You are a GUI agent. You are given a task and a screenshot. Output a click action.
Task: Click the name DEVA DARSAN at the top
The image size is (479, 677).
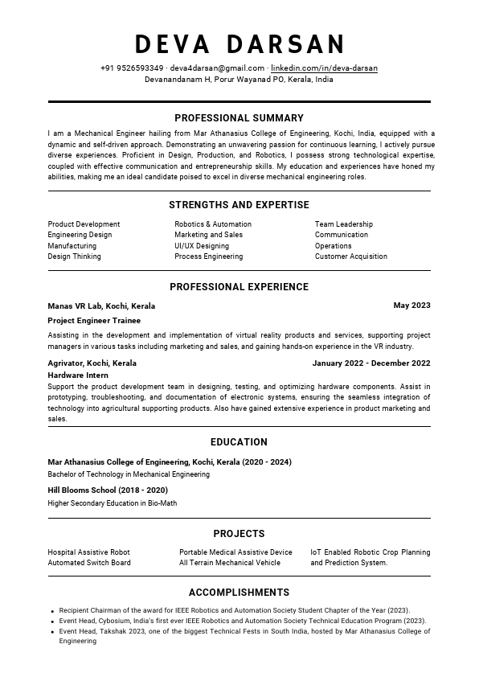coord(239,43)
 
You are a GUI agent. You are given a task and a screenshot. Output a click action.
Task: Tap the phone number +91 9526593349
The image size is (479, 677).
coord(132,68)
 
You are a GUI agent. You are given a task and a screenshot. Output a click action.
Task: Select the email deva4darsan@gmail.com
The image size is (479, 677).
coord(217,68)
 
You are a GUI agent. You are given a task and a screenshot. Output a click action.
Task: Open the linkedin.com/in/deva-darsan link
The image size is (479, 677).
coord(324,68)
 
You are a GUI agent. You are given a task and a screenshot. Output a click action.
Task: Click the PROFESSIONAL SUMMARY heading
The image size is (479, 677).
coord(239,118)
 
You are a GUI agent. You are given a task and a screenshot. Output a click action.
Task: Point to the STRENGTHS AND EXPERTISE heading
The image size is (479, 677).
coord(239,205)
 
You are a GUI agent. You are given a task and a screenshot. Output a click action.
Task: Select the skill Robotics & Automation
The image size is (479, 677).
coord(213,224)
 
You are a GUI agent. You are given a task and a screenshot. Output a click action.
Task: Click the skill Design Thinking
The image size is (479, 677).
coord(74,256)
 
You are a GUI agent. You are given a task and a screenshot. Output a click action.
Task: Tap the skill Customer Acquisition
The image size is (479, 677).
coord(350,256)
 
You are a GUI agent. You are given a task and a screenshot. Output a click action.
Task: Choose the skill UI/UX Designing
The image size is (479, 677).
coord(202,246)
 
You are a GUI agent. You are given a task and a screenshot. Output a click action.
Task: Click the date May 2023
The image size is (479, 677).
coord(411,306)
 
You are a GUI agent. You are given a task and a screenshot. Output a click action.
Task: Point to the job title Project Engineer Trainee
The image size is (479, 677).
coord(94,321)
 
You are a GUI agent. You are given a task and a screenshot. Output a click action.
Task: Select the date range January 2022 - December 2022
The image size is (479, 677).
coord(371,363)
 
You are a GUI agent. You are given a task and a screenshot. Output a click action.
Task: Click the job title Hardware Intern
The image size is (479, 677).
coord(78,375)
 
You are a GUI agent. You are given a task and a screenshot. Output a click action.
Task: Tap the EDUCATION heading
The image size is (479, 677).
coord(239,442)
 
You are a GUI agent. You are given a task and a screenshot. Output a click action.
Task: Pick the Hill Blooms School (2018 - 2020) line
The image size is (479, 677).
coord(108,490)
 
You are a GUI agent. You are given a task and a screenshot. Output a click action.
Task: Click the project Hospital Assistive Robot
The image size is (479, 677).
coord(88,552)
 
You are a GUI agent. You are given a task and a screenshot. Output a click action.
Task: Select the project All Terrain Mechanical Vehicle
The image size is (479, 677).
coord(230,563)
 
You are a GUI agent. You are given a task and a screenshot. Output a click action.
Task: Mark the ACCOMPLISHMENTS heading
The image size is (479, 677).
coord(239,593)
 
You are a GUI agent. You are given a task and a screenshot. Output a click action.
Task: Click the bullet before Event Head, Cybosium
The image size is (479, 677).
coord(52,622)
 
